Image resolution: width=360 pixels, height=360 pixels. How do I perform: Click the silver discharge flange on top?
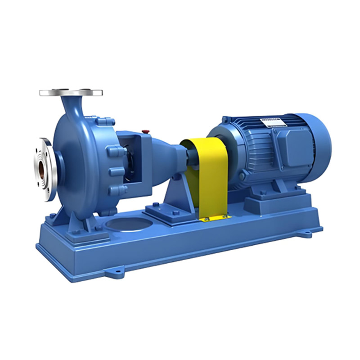click(71, 93)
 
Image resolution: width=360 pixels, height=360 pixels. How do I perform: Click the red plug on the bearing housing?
click(145, 131)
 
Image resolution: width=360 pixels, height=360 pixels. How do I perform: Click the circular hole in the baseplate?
click(126, 224)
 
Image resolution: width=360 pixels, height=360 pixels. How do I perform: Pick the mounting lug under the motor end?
click(306, 233)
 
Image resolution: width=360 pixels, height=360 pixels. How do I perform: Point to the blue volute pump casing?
click(79, 157)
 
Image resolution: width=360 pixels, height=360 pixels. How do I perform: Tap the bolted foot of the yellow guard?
click(215, 218)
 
